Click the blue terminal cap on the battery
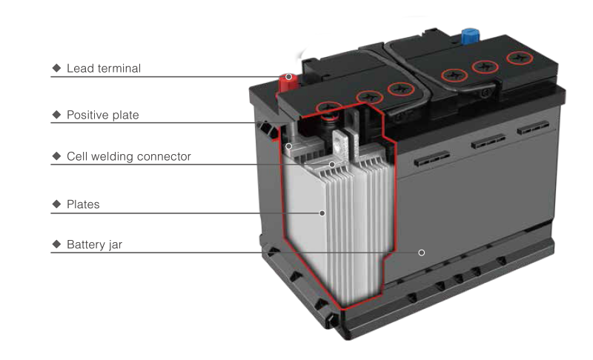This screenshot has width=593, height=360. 468,36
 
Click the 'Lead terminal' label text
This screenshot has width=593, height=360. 103,70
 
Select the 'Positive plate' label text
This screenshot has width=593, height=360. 102,116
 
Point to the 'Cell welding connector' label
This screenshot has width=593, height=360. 129,157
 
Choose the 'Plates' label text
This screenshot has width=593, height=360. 83,205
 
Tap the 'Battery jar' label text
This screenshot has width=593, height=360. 93,244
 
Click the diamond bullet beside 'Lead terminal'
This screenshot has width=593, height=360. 56,70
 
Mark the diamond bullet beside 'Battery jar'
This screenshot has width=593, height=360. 56,244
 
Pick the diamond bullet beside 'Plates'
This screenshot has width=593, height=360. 56,205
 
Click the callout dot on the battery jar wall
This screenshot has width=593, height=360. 421,253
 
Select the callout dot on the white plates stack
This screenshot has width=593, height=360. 322,213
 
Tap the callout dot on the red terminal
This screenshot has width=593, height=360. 288,77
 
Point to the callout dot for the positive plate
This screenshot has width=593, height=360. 288,146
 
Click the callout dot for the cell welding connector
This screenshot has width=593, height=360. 332,164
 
